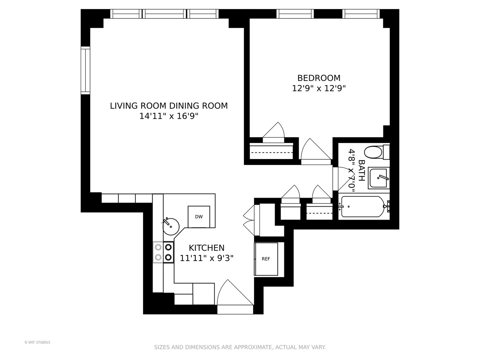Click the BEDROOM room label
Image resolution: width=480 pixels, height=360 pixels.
319,78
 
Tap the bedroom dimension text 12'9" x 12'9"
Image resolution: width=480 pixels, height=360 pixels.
319,88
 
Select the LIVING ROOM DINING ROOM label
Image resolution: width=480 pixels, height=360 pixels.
169,106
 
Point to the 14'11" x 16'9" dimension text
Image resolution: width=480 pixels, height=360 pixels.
169,116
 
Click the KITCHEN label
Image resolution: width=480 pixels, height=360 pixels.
207,248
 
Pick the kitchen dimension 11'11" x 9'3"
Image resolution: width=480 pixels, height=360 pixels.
207,258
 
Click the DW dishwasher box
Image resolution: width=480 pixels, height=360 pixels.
199,217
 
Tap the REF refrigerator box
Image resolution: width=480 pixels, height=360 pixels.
266,259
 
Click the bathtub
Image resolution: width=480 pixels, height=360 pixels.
363,207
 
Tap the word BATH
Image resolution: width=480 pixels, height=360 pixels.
361,170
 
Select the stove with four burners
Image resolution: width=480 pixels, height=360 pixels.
163,252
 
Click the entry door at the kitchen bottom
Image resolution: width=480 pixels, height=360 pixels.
235,297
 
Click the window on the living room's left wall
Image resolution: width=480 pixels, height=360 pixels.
86,71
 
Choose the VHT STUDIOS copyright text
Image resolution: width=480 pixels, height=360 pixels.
37,342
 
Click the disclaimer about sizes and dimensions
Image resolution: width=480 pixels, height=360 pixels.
240,347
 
